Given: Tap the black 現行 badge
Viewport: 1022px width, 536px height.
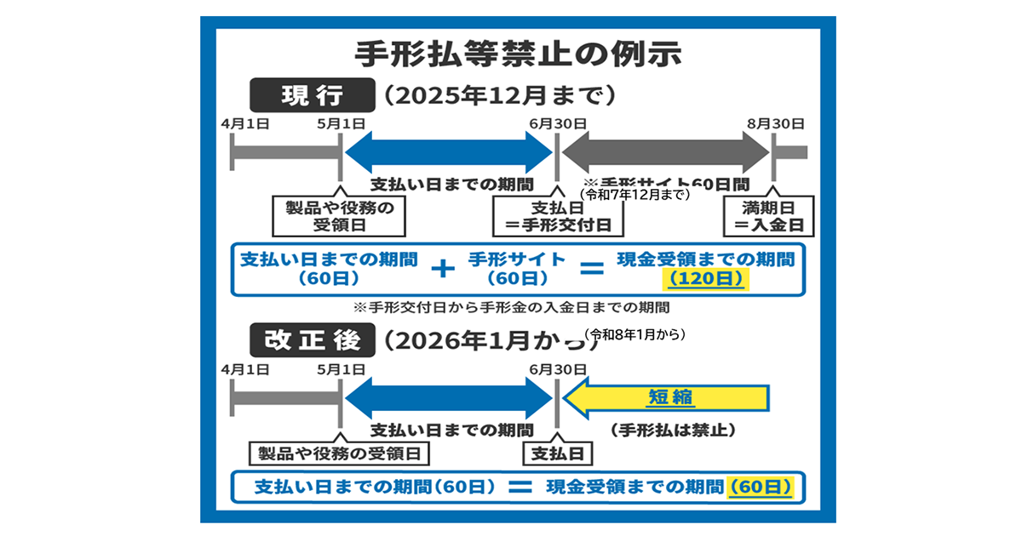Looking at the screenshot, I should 312,94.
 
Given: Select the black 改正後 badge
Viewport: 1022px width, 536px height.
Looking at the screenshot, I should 312,340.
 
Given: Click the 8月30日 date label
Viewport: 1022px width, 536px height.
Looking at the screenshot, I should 775,124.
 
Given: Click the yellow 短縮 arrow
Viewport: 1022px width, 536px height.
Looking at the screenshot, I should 668,397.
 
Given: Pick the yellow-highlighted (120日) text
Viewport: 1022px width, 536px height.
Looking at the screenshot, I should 704,278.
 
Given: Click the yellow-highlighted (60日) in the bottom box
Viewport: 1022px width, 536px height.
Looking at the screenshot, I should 761,487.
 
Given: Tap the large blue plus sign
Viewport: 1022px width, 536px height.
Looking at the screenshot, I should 442,269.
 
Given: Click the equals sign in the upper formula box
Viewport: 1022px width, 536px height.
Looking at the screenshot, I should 590,269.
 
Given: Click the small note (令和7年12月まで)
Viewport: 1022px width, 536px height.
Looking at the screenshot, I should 634,195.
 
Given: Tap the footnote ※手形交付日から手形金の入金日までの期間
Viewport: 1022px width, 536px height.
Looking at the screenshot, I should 510,306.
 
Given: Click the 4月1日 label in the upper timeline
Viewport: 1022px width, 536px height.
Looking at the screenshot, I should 244,124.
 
